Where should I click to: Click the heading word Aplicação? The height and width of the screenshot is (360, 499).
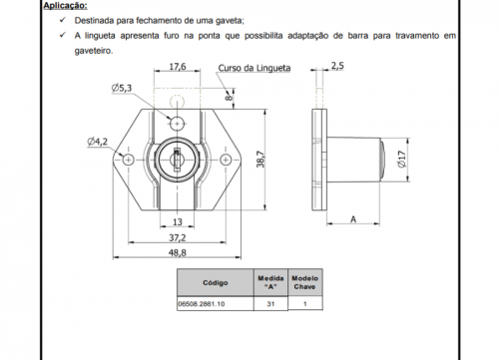click(x=65, y=6)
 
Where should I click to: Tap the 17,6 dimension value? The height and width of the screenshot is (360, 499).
click(x=178, y=67)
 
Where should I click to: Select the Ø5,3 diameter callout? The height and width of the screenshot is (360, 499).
click(x=122, y=88)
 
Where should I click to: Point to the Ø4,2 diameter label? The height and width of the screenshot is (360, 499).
click(x=98, y=142)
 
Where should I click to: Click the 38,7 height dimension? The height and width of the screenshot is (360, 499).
click(x=260, y=160)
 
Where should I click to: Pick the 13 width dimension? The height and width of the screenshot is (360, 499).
click(x=178, y=221)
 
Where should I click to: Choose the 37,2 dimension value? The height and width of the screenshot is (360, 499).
click(x=178, y=237)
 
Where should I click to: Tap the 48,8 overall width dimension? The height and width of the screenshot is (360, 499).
click(x=178, y=252)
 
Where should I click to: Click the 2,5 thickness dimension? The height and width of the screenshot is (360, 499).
click(x=337, y=66)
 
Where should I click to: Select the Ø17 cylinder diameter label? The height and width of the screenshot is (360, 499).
click(x=402, y=160)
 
